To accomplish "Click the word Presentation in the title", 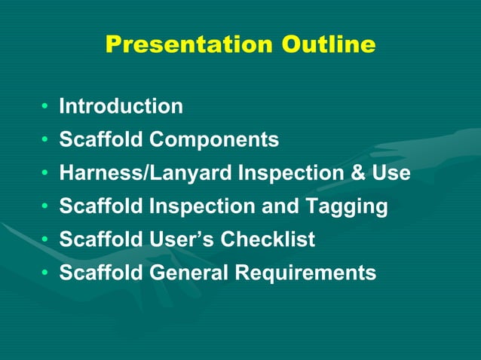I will pos(190,45).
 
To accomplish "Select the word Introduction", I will pos(121,107).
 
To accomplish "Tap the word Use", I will pos(391,173).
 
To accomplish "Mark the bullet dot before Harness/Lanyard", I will pos(47,174).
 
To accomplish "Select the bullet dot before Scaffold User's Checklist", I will pos(47,240).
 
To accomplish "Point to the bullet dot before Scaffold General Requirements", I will pos(47,273).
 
